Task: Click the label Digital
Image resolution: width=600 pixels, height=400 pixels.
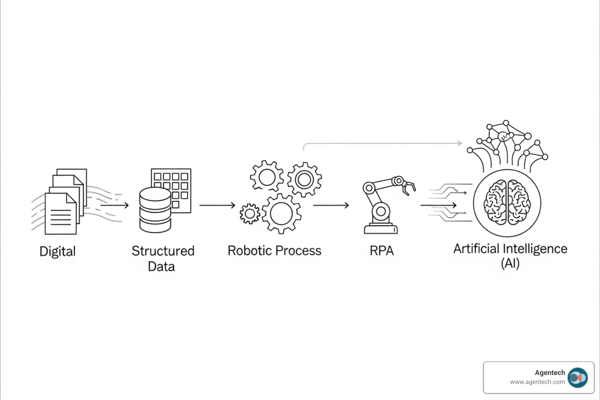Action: (57, 251)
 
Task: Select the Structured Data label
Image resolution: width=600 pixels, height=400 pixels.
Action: (162, 258)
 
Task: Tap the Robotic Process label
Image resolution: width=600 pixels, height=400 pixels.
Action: (274, 250)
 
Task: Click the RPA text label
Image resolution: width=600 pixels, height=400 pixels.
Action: (382, 250)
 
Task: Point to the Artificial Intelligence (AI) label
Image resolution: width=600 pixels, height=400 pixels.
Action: (510, 255)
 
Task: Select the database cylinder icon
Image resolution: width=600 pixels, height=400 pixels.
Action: (155, 210)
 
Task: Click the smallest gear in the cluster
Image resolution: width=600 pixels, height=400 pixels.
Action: (250, 214)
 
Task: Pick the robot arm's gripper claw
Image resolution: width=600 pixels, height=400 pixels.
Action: (409, 187)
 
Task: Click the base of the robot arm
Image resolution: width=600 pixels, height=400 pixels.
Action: (380, 229)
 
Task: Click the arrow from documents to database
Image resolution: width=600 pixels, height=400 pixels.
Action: (115, 205)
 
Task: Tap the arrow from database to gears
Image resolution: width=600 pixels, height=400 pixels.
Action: (218, 205)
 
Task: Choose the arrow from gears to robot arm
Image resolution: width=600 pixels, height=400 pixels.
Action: (331, 205)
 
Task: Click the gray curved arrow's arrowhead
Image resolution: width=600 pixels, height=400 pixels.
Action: (460, 143)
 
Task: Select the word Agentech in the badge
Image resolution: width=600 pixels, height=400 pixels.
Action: (550, 373)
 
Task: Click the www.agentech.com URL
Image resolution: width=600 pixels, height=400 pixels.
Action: (537, 382)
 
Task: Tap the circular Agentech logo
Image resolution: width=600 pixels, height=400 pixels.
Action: (577, 378)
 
